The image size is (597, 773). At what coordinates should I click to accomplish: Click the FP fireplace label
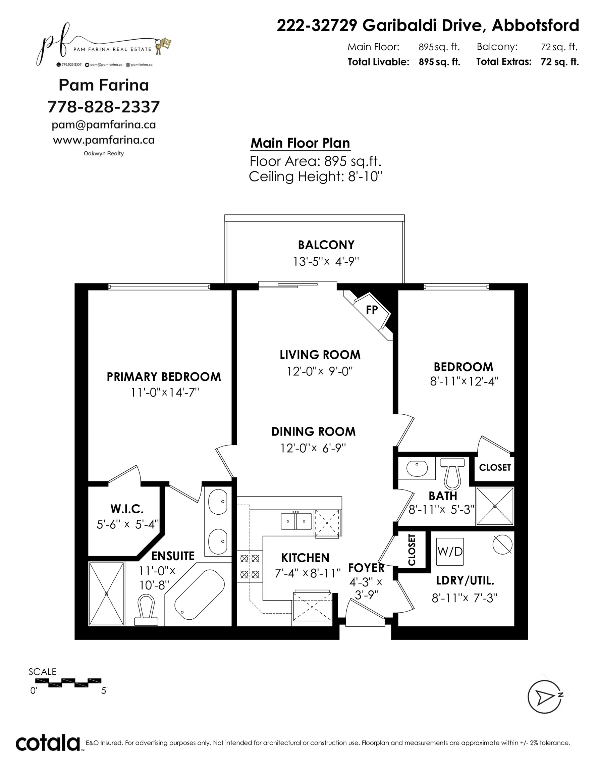pyautogui.click(x=372, y=310)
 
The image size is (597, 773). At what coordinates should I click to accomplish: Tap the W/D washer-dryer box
pyautogui.click(x=449, y=552)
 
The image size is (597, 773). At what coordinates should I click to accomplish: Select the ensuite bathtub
pyautogui.click(x=200, y=594)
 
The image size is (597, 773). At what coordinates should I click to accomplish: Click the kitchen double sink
pyautogui.click(x=296, y=521)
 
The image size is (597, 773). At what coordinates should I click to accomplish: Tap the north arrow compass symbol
pyautogui.click(x=545, y=697)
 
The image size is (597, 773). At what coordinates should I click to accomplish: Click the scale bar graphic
pyautogui.click(x=68, y=683)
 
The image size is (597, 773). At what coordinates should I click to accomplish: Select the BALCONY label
pyautogui.click(x=326, y=245)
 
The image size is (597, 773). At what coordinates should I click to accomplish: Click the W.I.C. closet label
pyautogui.click(x=127, y=509)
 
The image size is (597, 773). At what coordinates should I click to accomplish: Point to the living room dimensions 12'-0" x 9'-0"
pyautogui.click(x=320, y=371)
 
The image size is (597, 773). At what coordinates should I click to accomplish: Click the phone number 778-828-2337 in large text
pyautogui.click(x=104, y=107)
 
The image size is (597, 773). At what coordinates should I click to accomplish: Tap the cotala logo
pyautogui.click(x=48, y=743)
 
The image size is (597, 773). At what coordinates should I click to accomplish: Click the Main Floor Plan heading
pyautogui.click(x=300, y=143)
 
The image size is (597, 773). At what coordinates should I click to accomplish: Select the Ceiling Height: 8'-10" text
pyautogui.click(x=315, y=176)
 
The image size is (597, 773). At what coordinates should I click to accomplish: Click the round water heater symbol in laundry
pyautogui.click(x=502, y=545)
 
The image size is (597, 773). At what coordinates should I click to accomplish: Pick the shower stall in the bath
pyautogui.click(x=494, y=506)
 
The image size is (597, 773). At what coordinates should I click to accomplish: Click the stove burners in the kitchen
pyautogui.click(x=250, y=566)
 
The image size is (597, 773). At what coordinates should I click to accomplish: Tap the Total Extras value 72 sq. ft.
pyautogui.click(x=559, y=62)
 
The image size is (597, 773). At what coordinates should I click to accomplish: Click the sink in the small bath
pyautogui.click(x=417, y=468)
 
